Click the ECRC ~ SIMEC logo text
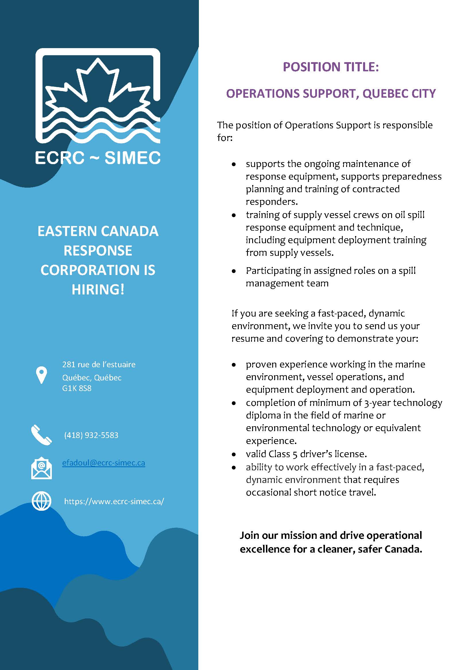98,158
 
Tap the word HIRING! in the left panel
98,289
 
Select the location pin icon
42,375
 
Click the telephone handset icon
41,435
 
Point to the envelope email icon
42,468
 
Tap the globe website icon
42,501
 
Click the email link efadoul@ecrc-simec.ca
104,463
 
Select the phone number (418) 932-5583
91,435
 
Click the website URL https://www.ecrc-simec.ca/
114,501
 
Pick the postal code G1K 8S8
77,388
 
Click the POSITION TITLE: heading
331,67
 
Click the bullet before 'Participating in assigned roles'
234,271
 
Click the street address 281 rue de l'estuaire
99,364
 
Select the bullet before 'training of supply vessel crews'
234,215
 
